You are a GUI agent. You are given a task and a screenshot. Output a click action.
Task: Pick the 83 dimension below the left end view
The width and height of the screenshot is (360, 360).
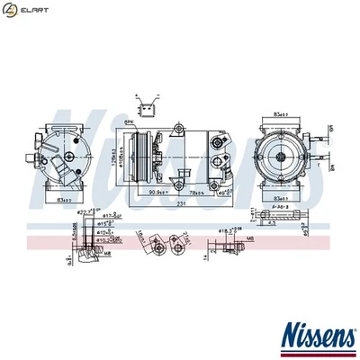click(x=64, y=198)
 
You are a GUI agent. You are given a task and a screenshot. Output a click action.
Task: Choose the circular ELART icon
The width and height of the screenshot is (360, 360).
click(x=12, y=10)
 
